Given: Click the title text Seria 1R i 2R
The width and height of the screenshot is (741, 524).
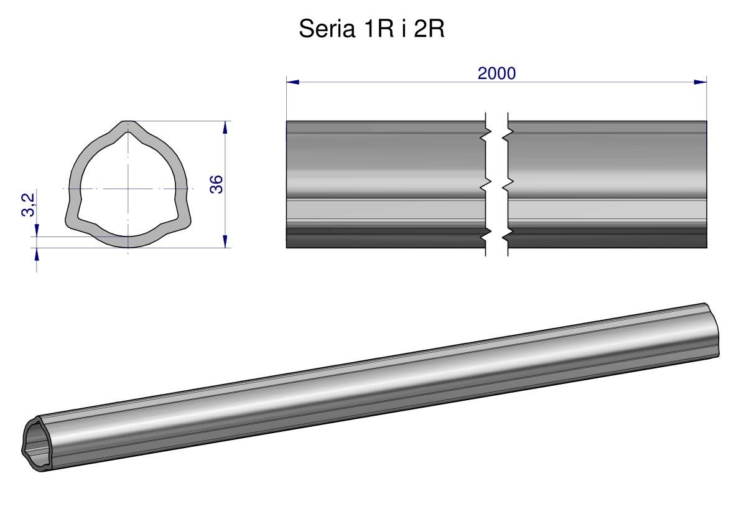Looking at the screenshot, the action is pyautogui.click(x=371, y=29).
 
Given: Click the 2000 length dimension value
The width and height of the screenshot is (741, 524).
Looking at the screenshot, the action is pyautogui.click(x=496, y=73).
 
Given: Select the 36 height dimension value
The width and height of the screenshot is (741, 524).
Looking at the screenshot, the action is pyautogui.click(x=216, y=184).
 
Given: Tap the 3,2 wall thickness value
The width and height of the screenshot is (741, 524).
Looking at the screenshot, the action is pyautogui.click(x=29, y=205).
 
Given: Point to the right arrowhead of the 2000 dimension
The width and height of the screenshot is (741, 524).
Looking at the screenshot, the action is pyautogui.click(x=701, y=82).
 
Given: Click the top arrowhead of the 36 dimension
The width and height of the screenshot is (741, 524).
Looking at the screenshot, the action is pyautogui.click(x=225, y=128).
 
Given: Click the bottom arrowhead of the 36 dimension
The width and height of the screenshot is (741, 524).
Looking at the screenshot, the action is pyautogui.click(x=225, y=241).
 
